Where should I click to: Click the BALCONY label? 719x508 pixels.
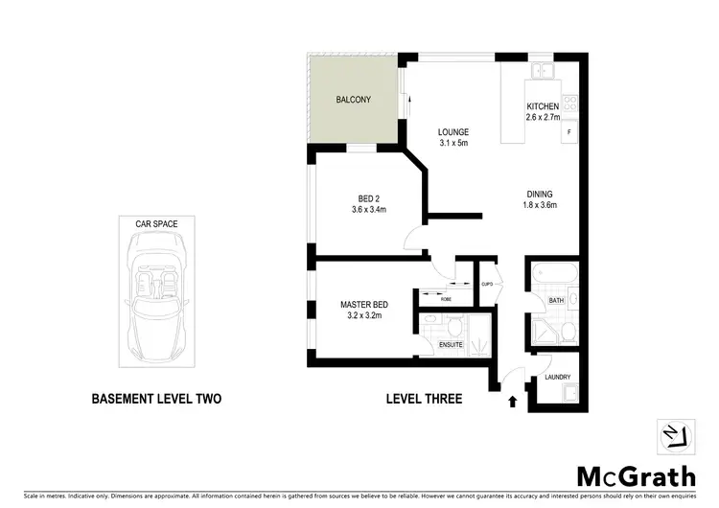pos(353,100)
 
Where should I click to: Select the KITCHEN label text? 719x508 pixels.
pos(542,106)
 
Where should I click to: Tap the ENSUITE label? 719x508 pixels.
pos(451,343)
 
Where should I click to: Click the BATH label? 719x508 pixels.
pos(556,301)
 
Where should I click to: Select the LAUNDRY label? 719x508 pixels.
pos(557,377)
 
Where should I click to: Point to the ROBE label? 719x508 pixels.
pos(447,299)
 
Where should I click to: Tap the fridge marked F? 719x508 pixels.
pos(569,131)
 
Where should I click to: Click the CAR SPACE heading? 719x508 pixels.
pos(156,223)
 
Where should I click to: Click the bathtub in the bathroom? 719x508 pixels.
pos(553,275)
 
